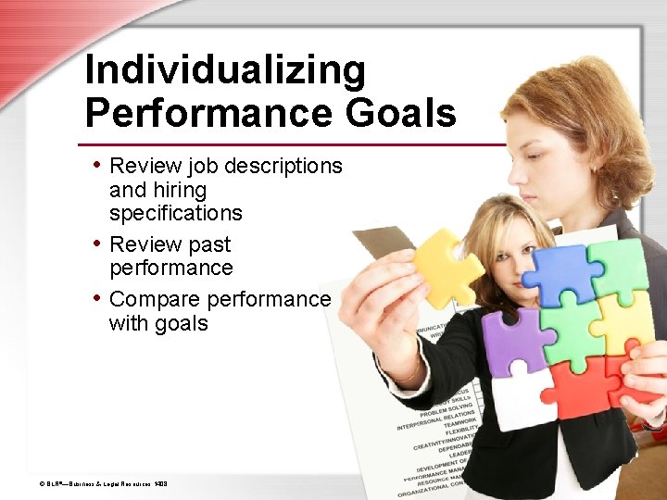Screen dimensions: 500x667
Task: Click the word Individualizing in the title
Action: [225, 70]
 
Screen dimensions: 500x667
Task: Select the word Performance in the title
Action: [209, 114]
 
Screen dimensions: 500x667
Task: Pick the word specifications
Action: [175, 213]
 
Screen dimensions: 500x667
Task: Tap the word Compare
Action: [155, 300]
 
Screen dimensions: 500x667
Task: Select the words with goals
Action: [158, 323]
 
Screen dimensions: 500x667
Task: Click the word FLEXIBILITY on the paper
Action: [454, 431]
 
